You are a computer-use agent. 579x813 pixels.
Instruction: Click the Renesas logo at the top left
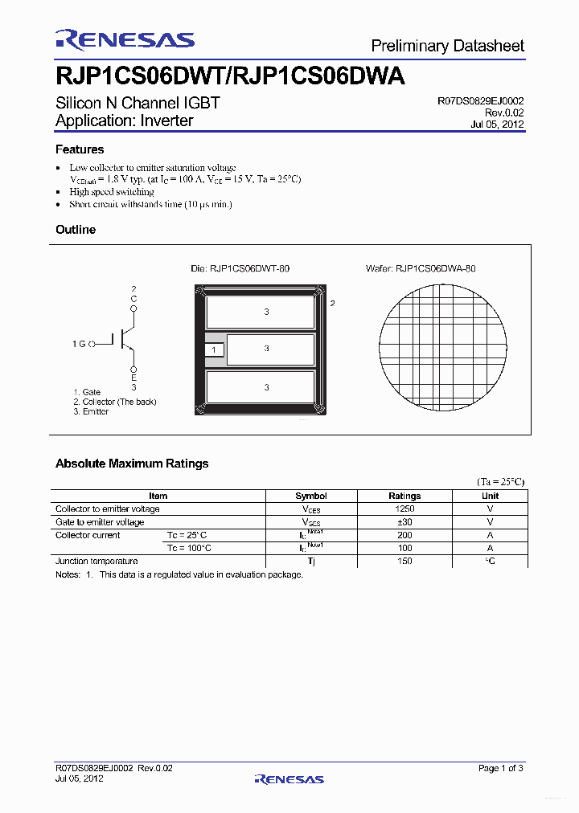(x=125, y=40)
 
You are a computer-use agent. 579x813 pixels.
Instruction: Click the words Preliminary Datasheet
(x=447, y=46)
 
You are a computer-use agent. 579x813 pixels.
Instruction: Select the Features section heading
(x=80, y=149)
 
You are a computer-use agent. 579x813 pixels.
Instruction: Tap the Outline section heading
(x=76, y=230)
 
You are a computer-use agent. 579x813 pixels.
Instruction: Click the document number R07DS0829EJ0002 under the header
(x=480, y=101)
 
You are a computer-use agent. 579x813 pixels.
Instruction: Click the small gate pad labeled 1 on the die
(x=214, y=349)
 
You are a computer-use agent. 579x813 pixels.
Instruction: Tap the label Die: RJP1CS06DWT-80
(x=240, y=268)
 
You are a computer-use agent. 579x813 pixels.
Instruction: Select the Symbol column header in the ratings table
(x=311, y=496)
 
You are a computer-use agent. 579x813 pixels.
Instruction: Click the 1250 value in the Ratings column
(x=404, y=509)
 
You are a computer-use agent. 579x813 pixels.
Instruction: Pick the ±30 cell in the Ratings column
(x=404, y=522)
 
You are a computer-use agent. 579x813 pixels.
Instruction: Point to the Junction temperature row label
(x=96, y=561)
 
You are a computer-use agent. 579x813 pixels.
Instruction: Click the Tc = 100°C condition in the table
(x=189, y=548)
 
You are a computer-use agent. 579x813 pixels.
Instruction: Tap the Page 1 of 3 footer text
(x=500, y=769)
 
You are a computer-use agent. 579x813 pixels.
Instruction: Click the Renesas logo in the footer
(x=289, y=778)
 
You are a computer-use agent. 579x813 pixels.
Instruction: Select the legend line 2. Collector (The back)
(x=114, y=402)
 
